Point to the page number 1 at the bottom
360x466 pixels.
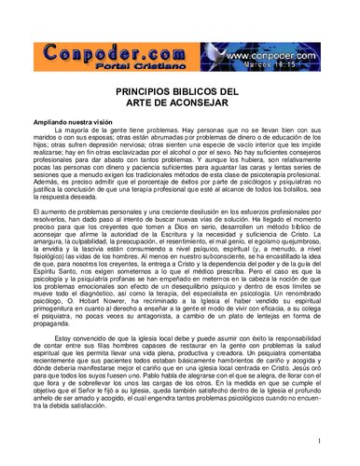pyautogui.click(x=318, y=440)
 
